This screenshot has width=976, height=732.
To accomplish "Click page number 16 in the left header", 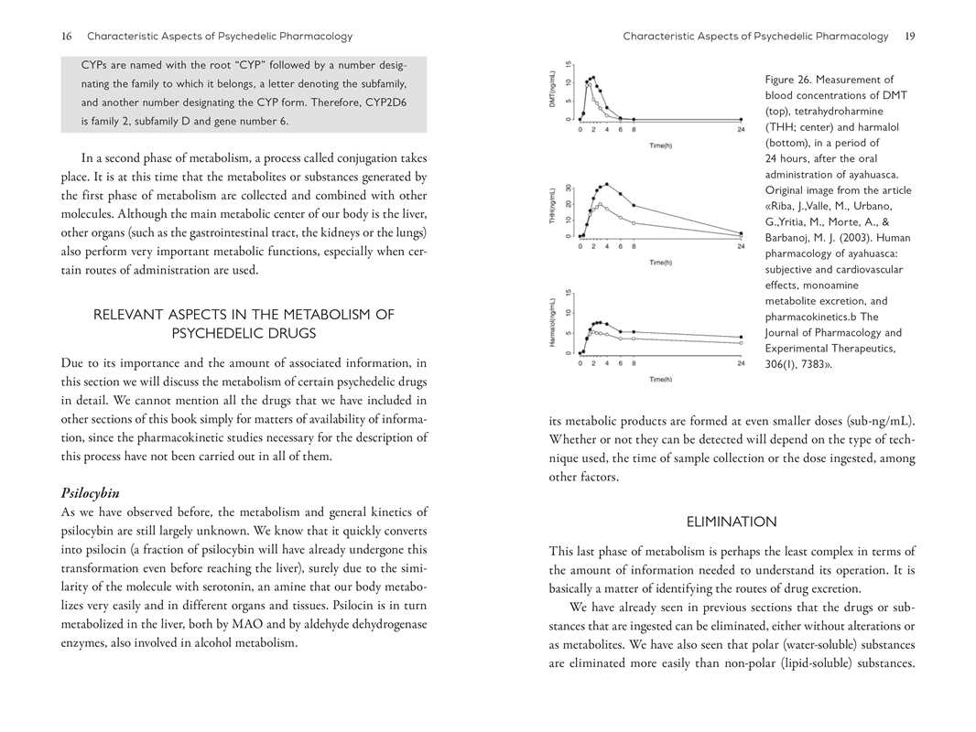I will point(66,37).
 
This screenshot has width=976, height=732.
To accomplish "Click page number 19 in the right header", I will point(909,37).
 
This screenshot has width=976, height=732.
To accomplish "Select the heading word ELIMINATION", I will point(732,522).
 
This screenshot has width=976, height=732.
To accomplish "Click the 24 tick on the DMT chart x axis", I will point(741,130).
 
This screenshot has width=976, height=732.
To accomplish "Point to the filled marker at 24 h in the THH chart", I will point(741,232).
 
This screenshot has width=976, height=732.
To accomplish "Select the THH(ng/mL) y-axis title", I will point(552,207).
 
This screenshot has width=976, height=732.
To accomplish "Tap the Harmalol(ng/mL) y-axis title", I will point(552,322).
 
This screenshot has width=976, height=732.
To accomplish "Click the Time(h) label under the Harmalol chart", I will point(660,379).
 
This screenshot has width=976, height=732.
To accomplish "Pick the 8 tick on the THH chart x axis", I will point(634,246).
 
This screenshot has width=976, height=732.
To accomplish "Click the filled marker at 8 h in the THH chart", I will point(634,206).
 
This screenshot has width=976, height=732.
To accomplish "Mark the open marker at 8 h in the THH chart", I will point(634,223).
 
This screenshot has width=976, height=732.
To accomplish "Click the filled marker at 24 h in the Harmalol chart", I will point(741,338).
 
